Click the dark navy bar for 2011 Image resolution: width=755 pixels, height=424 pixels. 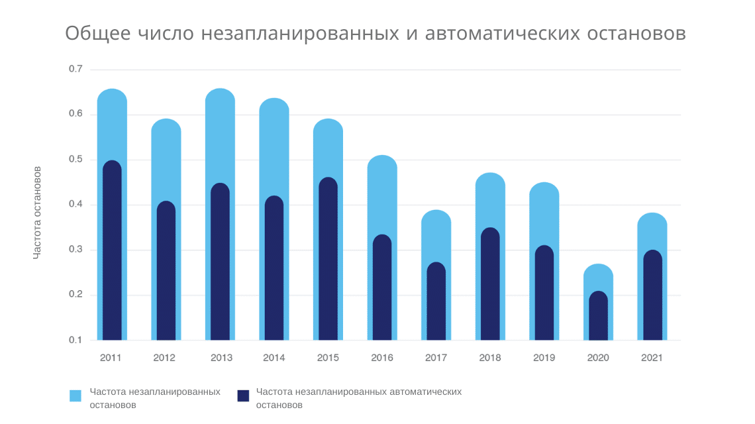pos(112,252)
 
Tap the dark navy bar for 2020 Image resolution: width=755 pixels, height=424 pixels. pos(598,317)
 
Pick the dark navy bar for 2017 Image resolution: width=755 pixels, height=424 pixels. pos(436,302)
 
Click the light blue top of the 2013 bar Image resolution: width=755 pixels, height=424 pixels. pos(220,132)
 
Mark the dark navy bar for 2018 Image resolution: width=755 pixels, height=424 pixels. pos(490,285)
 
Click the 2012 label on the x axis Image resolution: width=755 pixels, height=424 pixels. pos(164,358)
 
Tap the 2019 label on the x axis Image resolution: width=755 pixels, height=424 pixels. pos(544,358)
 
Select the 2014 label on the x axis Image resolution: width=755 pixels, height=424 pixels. pos(274,358)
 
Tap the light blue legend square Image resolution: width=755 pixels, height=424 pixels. pos(75,396)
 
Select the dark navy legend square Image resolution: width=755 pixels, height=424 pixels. pos(243,396)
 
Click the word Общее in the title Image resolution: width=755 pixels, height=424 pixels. pos(98,34)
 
